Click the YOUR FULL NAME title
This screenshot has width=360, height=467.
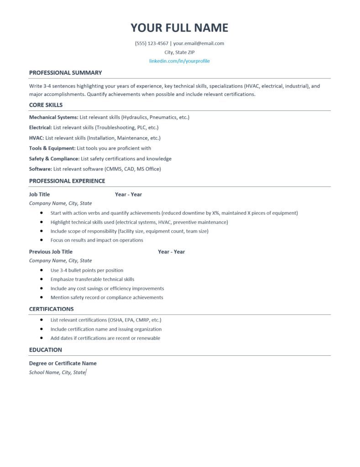(179, 28)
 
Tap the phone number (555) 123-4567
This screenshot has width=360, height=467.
(151, 44)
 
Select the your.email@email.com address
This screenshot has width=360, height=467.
(198, 44)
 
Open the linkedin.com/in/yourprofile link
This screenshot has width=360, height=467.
(179, 61)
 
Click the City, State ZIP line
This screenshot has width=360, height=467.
(179, 52)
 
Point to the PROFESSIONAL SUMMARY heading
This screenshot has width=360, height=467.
(65, 73)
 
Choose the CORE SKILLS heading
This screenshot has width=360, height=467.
(46, 105)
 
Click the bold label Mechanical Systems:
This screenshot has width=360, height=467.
(53, 117)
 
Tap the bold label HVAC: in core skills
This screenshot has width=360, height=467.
(37, 138)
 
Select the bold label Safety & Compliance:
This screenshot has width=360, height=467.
(54, 159)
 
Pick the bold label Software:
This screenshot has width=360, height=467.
(41, 169)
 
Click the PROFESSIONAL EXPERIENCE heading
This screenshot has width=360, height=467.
(67, 181)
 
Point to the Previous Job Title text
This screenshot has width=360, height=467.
(51, 252)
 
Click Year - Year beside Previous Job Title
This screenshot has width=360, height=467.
(171, 252)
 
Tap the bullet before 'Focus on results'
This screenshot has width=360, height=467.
(42, 240)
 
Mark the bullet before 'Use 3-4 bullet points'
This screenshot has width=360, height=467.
(42, 270)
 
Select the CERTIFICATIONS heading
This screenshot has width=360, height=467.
(51, 309)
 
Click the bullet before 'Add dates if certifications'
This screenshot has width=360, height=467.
(42, 338)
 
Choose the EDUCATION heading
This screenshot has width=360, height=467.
(45, 350)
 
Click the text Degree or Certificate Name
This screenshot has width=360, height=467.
(63, 363)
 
